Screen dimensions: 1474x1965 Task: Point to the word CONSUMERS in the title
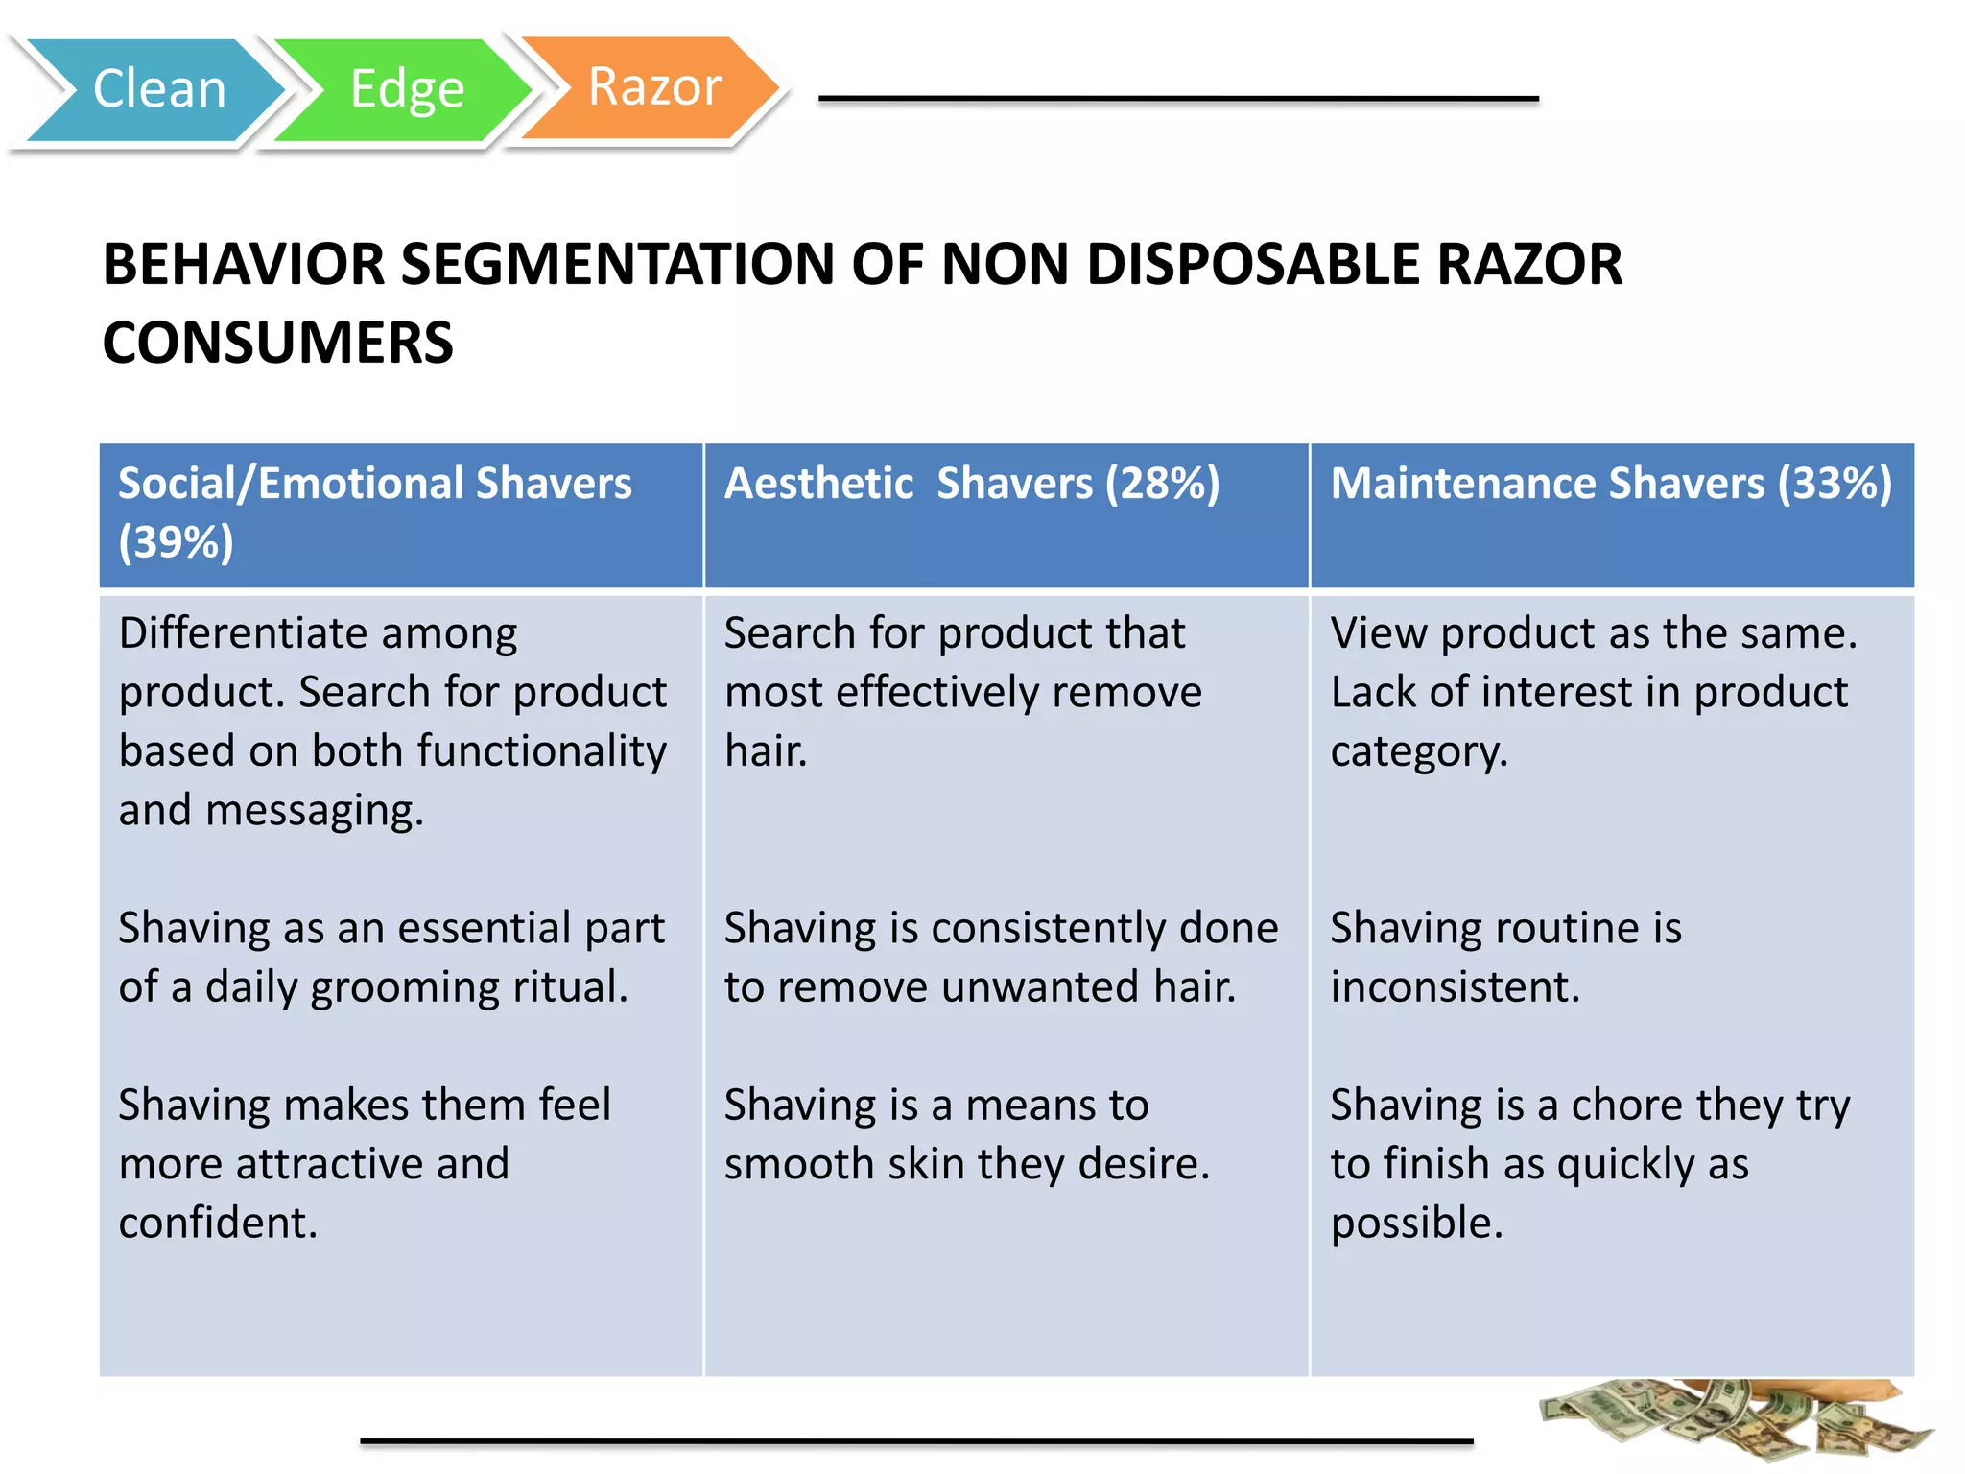(278, 343)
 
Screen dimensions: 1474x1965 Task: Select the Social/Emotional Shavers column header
(374, 484)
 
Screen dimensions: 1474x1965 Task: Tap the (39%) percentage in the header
(177, 542)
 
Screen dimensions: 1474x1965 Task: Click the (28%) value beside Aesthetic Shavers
(1162, 484)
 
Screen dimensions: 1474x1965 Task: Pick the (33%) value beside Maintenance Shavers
(1835, 484)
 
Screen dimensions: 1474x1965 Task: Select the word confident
(218, 1224)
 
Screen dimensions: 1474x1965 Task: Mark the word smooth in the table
(798, 1164)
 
